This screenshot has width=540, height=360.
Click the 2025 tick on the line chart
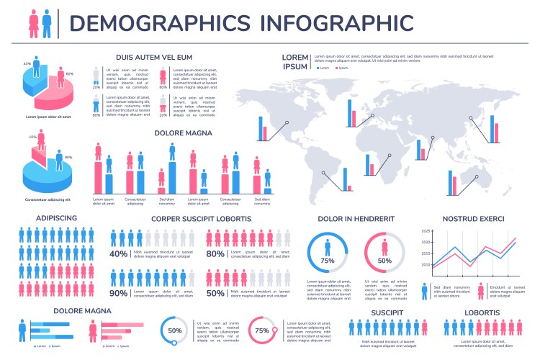tap(426, 231)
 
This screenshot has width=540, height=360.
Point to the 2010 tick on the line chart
tap(426, 265)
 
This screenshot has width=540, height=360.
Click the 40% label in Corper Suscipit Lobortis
tap(119, 254)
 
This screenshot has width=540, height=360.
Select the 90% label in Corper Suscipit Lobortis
tap(119, 293)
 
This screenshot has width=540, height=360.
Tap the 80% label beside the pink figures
tap(215, 254)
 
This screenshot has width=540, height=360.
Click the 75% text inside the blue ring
tap(328, 261)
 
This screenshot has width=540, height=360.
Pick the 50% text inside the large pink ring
tap(384, 261)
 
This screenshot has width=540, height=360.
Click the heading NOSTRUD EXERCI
tap(473, 218)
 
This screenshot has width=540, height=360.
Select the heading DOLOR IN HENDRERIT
tap(356, 218)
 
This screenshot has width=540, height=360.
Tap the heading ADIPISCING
tap(56, 218)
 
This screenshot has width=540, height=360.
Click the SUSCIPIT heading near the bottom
tap(387, 312)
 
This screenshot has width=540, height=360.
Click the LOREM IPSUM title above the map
tap(294, 61)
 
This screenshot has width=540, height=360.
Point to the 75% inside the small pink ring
tap(262, 330)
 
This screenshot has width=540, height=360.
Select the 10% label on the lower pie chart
tap(32, 137)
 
